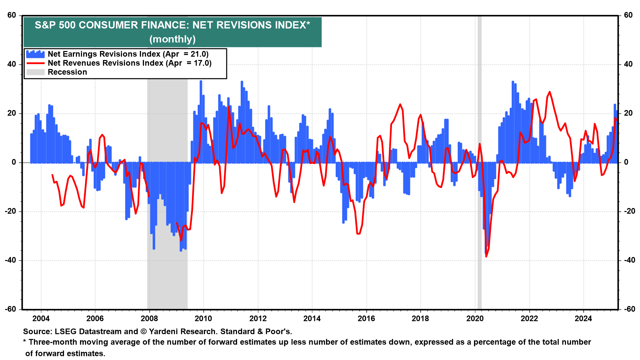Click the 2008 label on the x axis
[149, 319]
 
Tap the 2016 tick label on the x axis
[366, 319]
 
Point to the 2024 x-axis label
[583, 319]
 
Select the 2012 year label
[258, 319]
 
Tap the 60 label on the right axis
[628, 15]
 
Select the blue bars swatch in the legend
[35, 54]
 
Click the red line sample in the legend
[35, 63]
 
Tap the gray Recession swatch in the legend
[35, 72]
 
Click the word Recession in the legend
[67, 72]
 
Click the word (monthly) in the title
[172, 39]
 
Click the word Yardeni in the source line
[164, 332]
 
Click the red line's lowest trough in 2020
[486, 256]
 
